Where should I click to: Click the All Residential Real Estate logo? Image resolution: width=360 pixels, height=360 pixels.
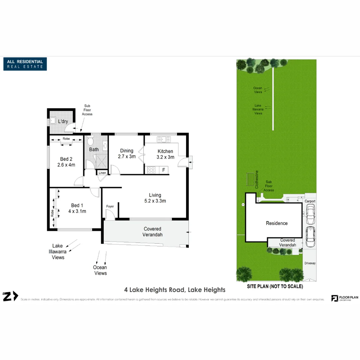(x=25, y=64)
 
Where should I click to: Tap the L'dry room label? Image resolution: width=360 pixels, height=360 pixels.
(x=63, y=122)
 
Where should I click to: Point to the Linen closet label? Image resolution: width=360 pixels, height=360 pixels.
(x=102, y=173)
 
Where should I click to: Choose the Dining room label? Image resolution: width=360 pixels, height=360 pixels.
(x=127, y=151)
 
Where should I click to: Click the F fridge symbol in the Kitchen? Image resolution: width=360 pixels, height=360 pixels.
(x=163, y=170)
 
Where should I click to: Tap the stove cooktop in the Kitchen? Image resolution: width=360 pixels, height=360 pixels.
(x=151, y=170)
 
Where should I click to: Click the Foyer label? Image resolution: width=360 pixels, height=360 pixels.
(x=110, y=206)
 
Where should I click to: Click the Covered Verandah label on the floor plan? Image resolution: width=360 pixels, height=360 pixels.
(x=153, y=232)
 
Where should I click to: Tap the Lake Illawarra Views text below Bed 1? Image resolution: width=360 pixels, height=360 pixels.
(x=58, y=252)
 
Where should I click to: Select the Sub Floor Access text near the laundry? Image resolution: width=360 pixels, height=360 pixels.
(x=87, y=110)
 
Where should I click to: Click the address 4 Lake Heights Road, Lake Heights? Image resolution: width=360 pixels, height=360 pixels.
(x=175, y=290)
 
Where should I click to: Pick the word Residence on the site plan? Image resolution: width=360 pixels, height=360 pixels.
(x=276, y=223)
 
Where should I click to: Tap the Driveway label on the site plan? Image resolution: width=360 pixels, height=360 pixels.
(x=310, y=263)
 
